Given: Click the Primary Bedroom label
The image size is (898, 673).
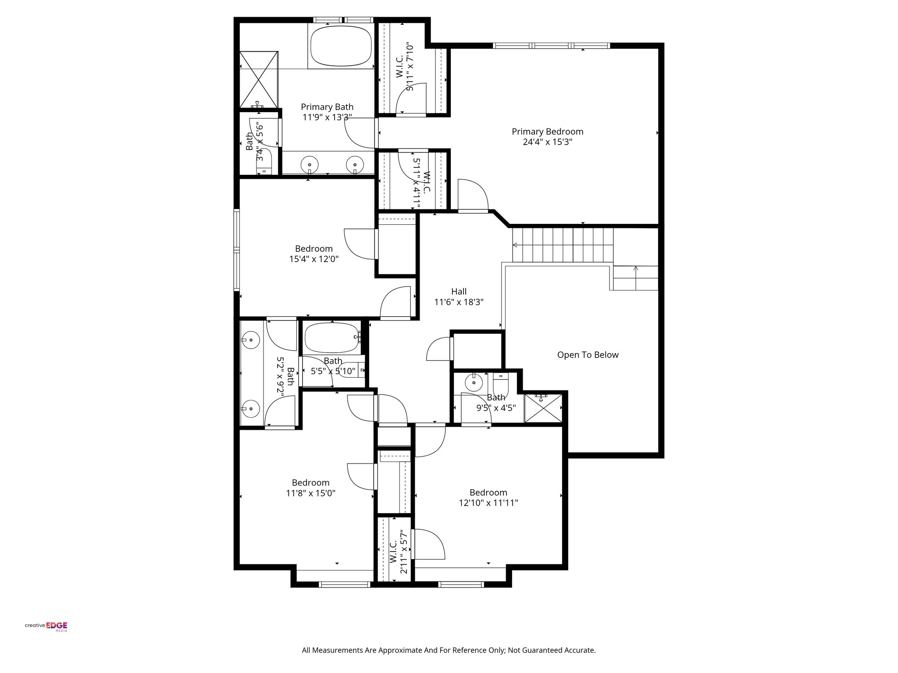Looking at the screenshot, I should tap(547, 131).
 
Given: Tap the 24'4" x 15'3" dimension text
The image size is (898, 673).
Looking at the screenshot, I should tap(547, 142).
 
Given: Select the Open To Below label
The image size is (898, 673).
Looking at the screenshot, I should tap(588, 355).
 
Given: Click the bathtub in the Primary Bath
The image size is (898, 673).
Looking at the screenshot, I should tap(341, 46).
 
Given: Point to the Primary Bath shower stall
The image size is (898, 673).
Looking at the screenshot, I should tap(259, 79).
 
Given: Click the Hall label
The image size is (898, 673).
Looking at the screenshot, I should tap(459, 291).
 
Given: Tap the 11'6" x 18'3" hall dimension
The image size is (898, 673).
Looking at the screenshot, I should tap(459, 302).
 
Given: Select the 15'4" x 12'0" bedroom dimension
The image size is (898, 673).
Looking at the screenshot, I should tap(314, 259).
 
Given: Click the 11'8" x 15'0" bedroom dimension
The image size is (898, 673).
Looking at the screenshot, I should tap(310, 493).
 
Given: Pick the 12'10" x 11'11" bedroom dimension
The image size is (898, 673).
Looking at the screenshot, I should tap(488, 503).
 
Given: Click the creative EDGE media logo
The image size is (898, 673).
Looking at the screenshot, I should tap(46, 627).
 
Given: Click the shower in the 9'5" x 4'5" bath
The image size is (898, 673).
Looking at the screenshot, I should tap(543, 408).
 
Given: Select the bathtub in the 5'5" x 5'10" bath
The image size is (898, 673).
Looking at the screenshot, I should tap(331, 338).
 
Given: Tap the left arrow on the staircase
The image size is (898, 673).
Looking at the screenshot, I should tap(515, 244).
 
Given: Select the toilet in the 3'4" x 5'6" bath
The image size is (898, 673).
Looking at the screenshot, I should tap(264, 164).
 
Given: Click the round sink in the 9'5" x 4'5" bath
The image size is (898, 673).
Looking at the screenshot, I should tap(474, 383).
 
